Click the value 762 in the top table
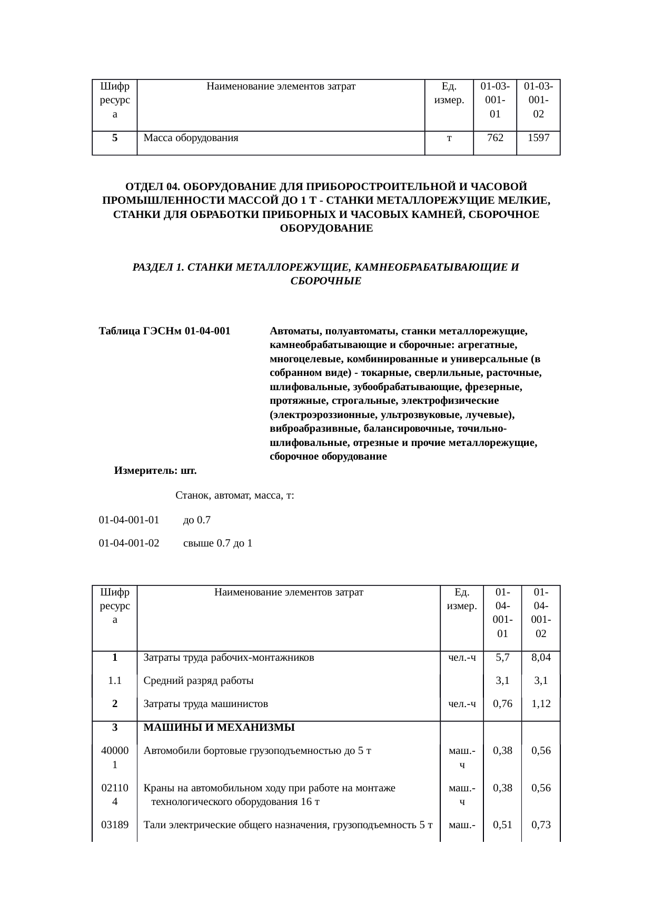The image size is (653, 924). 494,138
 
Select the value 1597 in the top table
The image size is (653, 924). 538,138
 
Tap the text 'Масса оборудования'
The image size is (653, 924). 191,138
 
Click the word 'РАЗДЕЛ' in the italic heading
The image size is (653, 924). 153,267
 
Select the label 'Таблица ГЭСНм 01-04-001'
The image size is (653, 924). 165,331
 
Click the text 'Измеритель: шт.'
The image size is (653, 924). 155,470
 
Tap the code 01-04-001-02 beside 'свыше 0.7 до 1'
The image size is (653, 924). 129,543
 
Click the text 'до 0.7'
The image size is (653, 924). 196,520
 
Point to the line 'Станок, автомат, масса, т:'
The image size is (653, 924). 234,495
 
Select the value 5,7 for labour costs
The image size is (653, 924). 502,657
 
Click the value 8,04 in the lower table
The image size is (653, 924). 541,657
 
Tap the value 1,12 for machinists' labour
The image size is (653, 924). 541,703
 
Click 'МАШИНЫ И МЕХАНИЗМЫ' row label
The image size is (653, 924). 219,728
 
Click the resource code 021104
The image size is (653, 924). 115,795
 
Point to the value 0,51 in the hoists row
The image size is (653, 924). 502,825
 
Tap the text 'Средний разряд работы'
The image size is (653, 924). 199,680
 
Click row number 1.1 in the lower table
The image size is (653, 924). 115,680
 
